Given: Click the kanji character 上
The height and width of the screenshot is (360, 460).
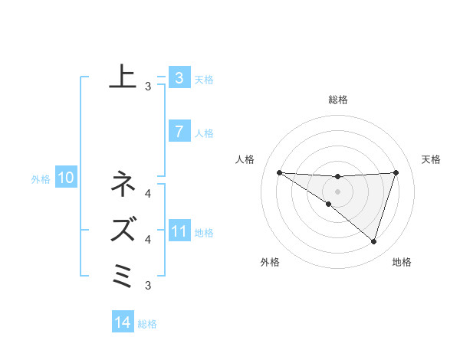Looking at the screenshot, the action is click(x=123, y=77).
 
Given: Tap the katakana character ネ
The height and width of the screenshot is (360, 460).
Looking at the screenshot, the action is click(x=123, y=185).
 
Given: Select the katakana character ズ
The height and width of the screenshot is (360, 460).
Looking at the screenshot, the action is click(x=123, y=228).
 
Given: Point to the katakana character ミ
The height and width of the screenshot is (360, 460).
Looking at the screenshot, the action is click(x=123, y=273).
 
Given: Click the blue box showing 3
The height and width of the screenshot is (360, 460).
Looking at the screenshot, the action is click(x=179, y=77).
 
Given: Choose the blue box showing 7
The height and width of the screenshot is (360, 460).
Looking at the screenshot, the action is click(x=179, y=132).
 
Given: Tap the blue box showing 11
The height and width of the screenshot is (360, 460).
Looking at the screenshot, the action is click(x=179, y=231).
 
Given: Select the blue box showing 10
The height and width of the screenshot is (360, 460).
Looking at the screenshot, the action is click(x=65, y=178).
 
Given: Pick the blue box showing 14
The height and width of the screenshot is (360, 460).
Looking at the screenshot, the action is click(x=123, y=322).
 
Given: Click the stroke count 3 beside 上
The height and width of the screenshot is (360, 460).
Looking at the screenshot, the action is click(x=148, y=87).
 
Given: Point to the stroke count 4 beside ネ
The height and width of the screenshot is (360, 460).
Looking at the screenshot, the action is click(x=148, y=193).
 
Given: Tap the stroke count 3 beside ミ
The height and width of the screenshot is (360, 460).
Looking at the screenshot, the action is click(x=148, y=286).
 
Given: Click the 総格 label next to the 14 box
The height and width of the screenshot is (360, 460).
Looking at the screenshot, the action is click(x=147, y=324).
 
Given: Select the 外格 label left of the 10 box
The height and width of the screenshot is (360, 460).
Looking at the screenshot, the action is click(x=41, y=180).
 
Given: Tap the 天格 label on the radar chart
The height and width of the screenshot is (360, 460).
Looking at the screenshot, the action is click(x=432, y=159).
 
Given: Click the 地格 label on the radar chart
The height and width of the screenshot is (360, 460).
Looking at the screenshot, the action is click(x=402, y=262).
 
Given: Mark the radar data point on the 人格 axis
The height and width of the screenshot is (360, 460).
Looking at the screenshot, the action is click(x=279, y=172).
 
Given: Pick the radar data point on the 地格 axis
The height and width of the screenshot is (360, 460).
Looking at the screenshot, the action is click(x=373, y=241).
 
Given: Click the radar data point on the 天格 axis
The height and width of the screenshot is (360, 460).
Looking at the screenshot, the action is click(x=396, y=172).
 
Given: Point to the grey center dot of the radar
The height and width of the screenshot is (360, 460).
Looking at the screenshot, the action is click(x=337, y=191).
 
